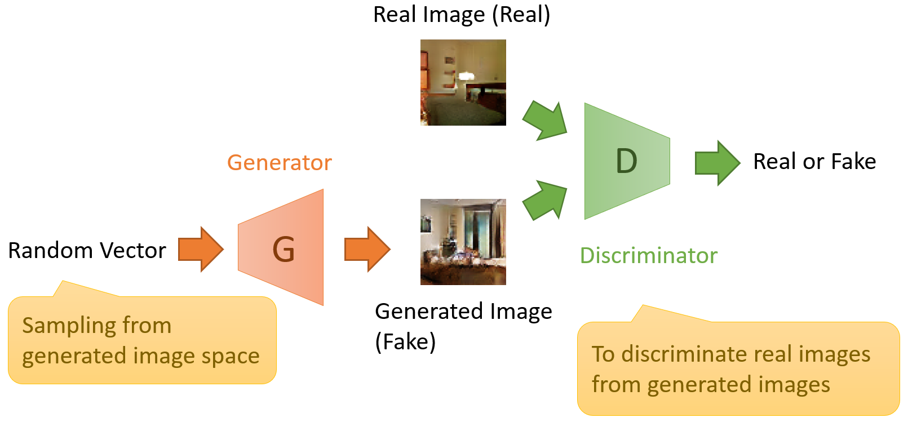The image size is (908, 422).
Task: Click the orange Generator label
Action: pos(279,163)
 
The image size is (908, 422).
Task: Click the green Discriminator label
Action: pos(648,256)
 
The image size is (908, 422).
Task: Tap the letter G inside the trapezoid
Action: pos(284,250)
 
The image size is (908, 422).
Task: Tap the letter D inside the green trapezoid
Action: pos(626,162)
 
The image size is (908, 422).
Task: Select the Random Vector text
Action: pos(87,251)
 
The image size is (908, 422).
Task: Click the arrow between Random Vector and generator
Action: pos(201,250)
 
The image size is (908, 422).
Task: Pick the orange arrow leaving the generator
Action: pos(367,250)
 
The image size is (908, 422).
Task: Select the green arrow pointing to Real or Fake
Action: pos(717,163)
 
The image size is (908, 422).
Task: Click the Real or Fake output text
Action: pos(814,162)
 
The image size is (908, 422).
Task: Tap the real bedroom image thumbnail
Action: pos(463,82)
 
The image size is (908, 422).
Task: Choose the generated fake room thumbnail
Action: pos(463,242)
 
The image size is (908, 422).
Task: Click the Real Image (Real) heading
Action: pos(462,15)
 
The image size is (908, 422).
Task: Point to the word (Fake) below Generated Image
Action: pos(405,341)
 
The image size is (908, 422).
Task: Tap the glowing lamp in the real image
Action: pos(466,75)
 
